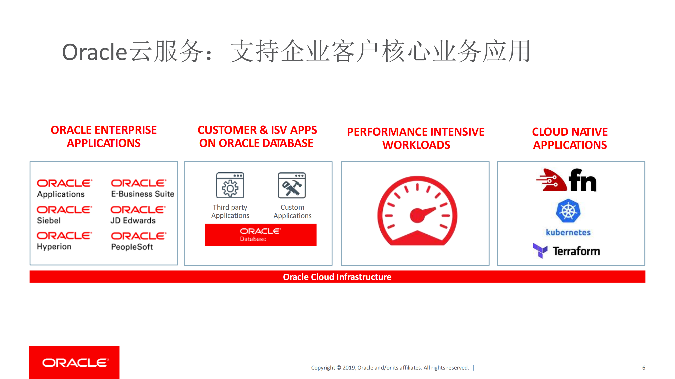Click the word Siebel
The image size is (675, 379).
pos(49,220)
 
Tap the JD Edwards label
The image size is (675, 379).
pos(133,220)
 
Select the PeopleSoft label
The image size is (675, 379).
pos(132,247)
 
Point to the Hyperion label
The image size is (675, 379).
pos(54,247)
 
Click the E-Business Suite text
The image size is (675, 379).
pos(142,194)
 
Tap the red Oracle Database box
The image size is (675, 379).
pos(261,235)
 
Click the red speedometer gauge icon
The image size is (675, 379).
pos(417,211)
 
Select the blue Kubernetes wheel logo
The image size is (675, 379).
pos(568,211)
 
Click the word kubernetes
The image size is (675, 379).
pos(568,232)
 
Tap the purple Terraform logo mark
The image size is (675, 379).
pos(540,250)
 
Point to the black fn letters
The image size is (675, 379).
pos(582,181)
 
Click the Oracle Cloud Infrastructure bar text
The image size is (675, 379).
pos(337,277)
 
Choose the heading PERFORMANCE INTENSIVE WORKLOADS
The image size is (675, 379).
pos(416,138)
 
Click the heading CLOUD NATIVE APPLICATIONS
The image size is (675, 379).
pos(570,138)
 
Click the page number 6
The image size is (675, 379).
pos(644,368)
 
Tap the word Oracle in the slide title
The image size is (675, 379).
pos(95,52)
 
